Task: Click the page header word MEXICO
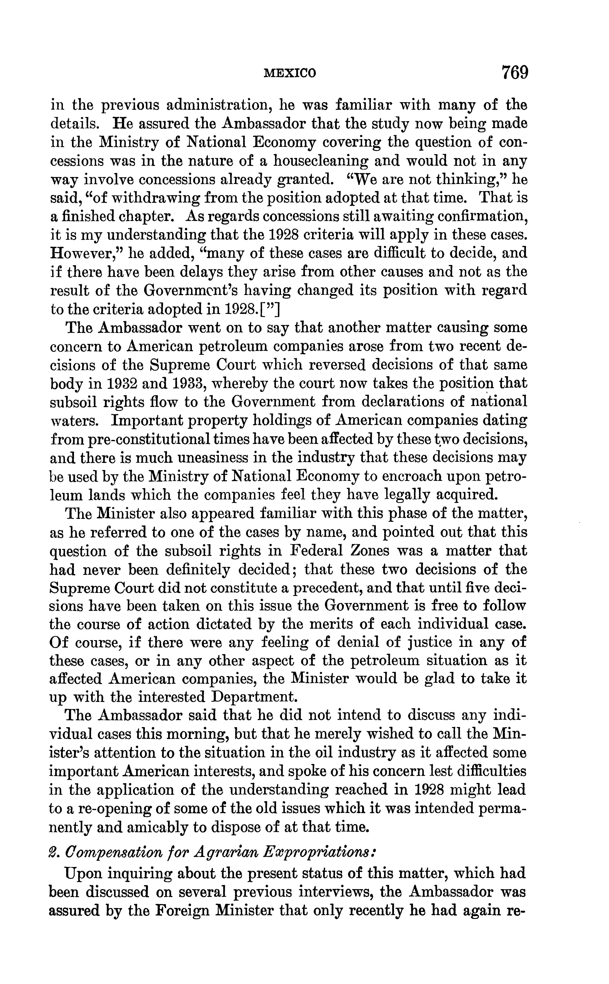pyautogui.click(x=290, y=73)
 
